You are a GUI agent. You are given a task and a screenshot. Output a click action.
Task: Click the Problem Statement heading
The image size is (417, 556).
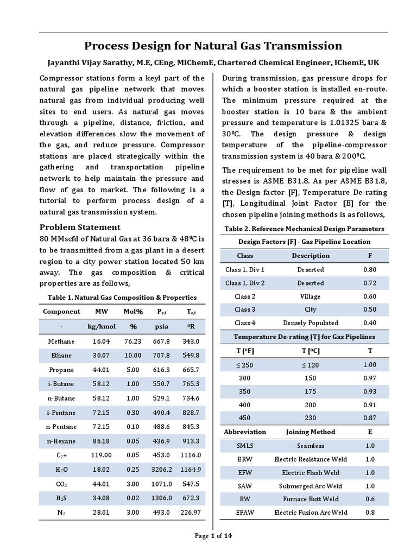(x=80, y=227)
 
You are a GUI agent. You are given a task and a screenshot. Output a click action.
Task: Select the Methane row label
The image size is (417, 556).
(x=61, y=342)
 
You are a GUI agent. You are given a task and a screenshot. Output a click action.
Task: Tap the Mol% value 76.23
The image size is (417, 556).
(x=132, y=342)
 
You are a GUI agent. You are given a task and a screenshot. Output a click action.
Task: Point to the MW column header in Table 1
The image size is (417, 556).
(x=102, y=312)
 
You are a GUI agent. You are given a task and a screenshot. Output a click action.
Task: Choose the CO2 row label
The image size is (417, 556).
(x=61, y=483)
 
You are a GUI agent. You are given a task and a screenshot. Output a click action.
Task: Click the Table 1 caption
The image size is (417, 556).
(x=122, y=298)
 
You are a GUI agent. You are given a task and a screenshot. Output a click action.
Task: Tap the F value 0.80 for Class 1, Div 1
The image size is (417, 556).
(x=370, y=269)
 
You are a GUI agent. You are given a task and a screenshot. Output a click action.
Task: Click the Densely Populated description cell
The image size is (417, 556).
(x=311, y=323)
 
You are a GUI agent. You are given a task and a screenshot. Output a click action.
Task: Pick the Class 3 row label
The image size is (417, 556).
(x=245, y=309)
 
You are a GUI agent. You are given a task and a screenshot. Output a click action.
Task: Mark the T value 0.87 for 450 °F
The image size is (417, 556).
(x=370, y=418)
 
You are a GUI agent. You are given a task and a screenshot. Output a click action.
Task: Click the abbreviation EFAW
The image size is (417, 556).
(x=245, y=513)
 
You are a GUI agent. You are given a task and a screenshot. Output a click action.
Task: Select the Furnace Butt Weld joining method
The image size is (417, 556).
(x=311, y=499)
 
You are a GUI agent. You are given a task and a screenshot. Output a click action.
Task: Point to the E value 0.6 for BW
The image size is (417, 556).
(x=370, y=499)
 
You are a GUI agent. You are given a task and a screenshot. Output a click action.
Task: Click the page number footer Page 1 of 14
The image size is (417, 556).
(x=213, y=536)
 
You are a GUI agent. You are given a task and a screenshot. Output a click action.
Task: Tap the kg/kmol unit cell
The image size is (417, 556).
(x=102, y=327)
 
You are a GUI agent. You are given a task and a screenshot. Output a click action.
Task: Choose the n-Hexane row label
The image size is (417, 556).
(x=61, y=441)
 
